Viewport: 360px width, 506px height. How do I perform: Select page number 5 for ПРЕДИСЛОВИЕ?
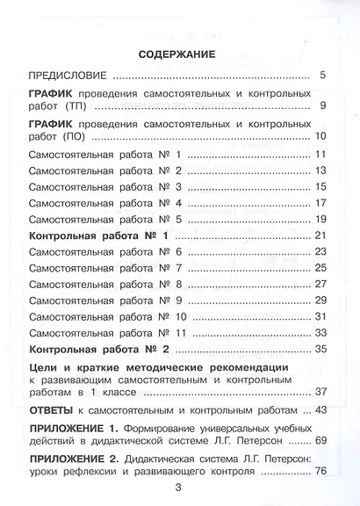(322, 76)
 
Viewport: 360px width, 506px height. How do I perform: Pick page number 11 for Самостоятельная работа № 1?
(320, 155)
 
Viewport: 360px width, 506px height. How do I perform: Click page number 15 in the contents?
(320, 187)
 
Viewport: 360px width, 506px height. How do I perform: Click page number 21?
(320, 236)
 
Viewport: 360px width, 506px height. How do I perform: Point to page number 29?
(320, 300)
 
